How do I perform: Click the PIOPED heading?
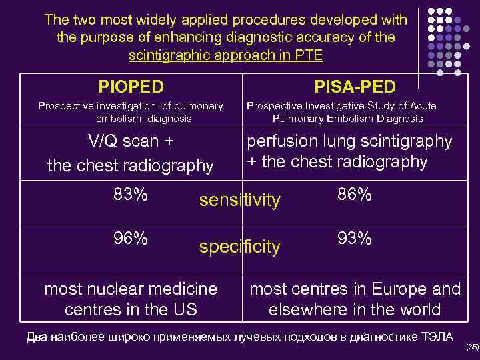pos(131,86)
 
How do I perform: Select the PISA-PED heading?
pos(355,87)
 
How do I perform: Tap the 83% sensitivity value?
pos(131,195)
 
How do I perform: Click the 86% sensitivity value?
pos(355,195)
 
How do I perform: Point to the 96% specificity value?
pos(131,238)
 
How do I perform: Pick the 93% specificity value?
pos(355,238)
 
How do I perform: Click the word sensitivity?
pos(241,199)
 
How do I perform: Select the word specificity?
pos(241,247)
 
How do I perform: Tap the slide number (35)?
pos(472,347)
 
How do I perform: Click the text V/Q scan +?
pos(131,142)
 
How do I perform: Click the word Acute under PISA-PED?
pos(419,105)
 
